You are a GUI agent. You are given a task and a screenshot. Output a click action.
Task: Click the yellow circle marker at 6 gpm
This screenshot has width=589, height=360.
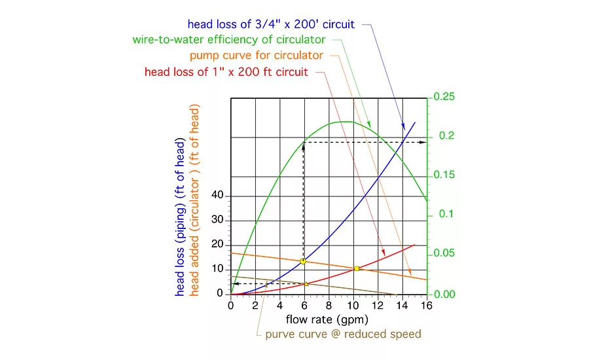coord(303,261)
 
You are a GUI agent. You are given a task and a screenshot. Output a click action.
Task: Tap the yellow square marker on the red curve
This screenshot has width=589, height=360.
coord(357,268)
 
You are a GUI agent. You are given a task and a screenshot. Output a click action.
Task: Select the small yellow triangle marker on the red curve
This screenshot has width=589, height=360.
coord(306,283)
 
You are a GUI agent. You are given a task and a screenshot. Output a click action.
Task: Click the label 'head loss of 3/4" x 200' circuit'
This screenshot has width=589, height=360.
coord(271,24)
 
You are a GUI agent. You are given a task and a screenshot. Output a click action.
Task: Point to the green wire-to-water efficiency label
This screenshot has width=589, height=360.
coord(238,39)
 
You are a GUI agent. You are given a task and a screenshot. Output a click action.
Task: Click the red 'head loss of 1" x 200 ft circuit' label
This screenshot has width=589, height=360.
coord(226,71)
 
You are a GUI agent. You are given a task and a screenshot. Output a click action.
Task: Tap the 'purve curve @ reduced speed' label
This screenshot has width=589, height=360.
coord(343,334)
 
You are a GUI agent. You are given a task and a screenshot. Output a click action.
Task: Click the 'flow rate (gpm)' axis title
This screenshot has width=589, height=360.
coord(327,319)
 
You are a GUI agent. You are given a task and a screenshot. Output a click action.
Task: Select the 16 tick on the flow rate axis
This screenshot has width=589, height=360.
coord(427,305)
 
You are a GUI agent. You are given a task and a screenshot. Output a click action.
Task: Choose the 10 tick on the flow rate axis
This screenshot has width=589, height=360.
coord(353,305)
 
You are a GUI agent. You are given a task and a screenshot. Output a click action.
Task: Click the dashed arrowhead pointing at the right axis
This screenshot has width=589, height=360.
coord(423,141)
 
